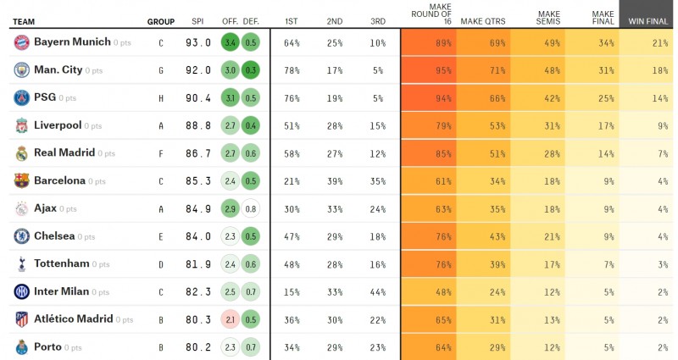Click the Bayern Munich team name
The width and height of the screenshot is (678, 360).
point(73,42)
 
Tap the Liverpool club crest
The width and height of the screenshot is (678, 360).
point(21,125)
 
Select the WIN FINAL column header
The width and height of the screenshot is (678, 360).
point(647,21)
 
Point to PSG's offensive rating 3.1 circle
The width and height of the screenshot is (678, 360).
point(230,97)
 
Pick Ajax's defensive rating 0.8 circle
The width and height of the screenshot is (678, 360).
point(250,208)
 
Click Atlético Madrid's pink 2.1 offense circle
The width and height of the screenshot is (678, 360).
point(230,319)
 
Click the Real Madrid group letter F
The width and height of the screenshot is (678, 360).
point(161,153)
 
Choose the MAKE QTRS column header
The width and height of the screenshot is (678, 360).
point(482,21)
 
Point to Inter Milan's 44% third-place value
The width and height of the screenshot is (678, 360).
point(378,291)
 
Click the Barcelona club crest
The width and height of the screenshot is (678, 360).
point(21,180)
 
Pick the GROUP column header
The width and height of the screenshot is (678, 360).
point(161,21)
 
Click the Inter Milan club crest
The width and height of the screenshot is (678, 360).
point(21,291)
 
